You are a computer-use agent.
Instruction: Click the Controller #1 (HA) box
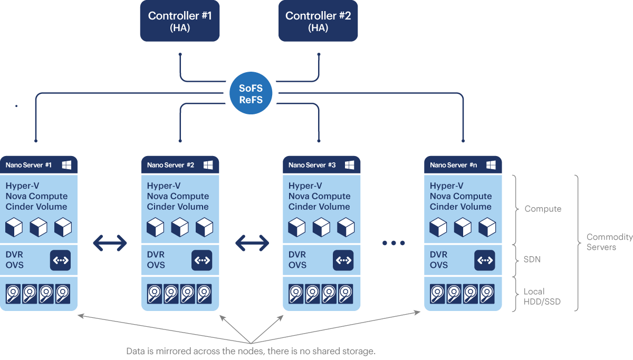179,21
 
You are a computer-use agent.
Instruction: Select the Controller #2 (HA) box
318,21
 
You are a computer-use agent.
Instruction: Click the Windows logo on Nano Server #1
66,165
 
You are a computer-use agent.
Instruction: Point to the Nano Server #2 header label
170,165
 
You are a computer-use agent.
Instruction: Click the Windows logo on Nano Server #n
491,165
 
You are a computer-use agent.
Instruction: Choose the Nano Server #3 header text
312,165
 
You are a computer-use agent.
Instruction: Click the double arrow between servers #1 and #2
110,242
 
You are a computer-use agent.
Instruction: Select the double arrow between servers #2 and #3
252,242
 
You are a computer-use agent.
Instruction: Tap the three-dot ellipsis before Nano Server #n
393,243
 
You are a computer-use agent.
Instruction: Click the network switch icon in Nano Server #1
60,260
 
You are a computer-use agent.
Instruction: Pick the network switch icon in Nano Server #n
484,260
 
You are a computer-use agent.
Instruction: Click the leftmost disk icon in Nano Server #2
155,294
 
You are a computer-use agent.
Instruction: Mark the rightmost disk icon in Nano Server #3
346,294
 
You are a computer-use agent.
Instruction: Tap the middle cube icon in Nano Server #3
321,227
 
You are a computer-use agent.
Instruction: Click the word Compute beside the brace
543,209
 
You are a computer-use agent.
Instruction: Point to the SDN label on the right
532,259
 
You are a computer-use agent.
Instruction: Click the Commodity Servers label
602,242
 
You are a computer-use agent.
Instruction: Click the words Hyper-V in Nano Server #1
22,186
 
